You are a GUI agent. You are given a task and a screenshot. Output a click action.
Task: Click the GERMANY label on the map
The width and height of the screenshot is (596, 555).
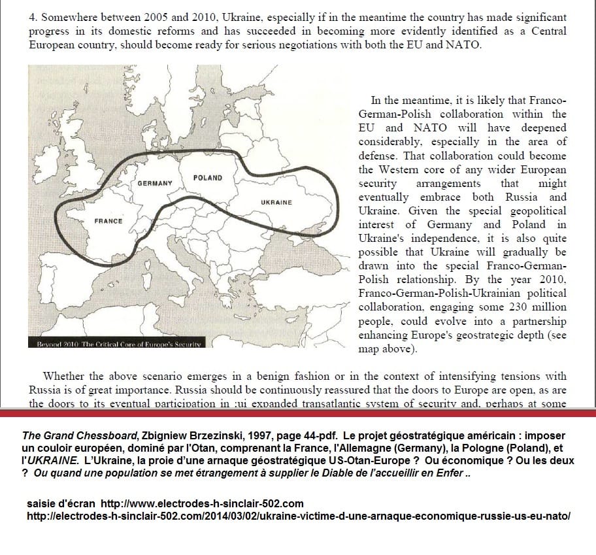pos(154,184)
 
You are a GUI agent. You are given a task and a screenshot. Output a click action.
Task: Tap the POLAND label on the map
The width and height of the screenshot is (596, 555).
pos(208,178)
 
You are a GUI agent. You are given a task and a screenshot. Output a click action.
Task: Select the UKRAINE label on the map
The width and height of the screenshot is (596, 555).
pos(276,203)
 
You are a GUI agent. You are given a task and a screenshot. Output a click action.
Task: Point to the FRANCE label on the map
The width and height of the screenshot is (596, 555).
pos(108,221)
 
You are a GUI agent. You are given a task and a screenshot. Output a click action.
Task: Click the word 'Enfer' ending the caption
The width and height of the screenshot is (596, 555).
pos(456,473)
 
